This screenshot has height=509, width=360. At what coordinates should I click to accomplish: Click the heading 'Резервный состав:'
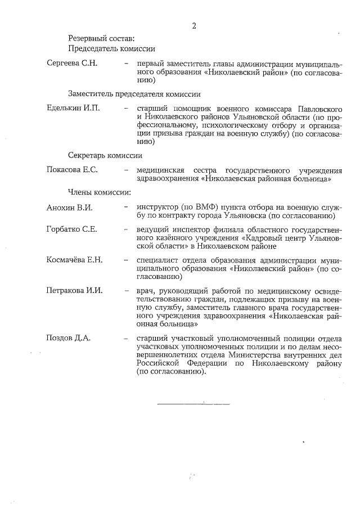coord(101,39)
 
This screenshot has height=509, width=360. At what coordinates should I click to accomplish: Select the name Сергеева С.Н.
coord(72,63)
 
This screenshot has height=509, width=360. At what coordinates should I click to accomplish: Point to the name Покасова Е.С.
coord(72,170)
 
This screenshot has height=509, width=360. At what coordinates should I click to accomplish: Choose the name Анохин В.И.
coord(69,208)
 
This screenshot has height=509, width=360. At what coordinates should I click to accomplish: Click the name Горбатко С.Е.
coord(72,229)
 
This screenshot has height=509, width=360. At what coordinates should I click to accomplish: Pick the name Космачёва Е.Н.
coord(74,260)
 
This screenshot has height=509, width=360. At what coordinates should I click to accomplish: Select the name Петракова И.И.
coord(74,290)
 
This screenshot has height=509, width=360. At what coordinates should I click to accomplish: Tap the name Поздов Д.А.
coord(69,337)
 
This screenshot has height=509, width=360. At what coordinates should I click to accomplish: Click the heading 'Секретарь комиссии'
coord(105,155)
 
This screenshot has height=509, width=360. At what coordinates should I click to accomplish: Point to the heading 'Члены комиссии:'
coord(100,192)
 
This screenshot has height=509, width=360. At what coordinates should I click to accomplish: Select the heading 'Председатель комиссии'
coord(111,48)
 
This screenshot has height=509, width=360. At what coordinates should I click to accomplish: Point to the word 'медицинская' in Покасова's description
coord(161,170)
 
